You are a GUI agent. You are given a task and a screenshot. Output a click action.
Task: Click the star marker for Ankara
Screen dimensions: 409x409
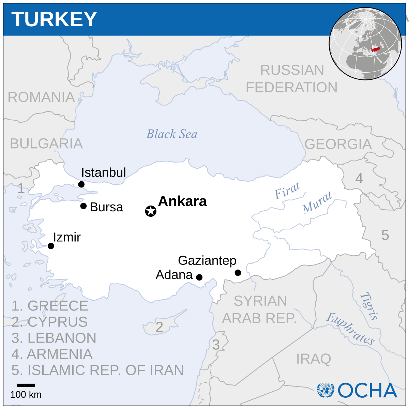click(151, 211)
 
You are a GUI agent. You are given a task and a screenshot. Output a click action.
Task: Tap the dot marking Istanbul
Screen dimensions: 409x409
click(81, 184)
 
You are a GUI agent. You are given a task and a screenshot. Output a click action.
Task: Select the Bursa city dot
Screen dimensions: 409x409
click(84, 206)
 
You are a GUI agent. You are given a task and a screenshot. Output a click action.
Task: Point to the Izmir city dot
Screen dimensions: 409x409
click(51, 246)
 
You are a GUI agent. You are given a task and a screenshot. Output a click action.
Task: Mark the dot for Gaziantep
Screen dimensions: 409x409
click(238, 273)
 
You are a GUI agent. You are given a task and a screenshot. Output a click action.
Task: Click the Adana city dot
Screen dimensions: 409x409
click(199, 277)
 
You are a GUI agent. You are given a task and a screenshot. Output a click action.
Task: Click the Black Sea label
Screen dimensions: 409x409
click(172, 134)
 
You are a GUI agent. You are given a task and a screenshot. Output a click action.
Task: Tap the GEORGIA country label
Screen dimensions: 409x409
click(338, 144)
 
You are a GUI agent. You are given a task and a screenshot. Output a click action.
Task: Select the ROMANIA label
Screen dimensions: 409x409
click(41, 97)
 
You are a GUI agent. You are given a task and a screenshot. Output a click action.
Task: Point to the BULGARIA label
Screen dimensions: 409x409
click(46, 143)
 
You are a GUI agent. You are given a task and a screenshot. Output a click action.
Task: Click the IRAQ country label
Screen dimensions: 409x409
click(314, 359)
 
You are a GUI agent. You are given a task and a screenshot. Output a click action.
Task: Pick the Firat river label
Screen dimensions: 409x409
click(287, 191)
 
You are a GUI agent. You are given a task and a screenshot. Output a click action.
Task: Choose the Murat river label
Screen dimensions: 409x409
click(317, 203)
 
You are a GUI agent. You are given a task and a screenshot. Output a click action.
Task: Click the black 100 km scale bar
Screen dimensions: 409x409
click(26, 385)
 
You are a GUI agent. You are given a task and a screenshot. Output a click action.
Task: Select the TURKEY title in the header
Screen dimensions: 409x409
click(54, 19)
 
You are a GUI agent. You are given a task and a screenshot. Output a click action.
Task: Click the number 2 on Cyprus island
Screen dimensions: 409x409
click(159, 327)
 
